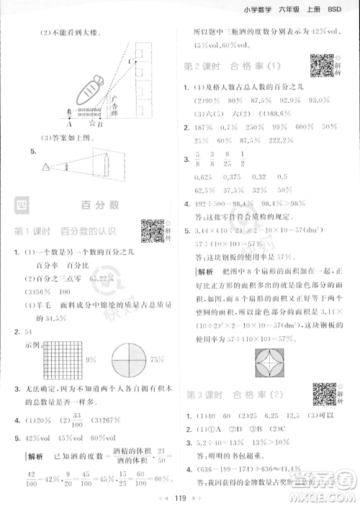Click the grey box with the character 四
tap(24, 206)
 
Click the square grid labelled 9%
tap(62, 358)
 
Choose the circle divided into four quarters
tap(127, 358)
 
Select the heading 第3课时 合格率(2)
tap(230, 395)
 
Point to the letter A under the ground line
tap(70, 124)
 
